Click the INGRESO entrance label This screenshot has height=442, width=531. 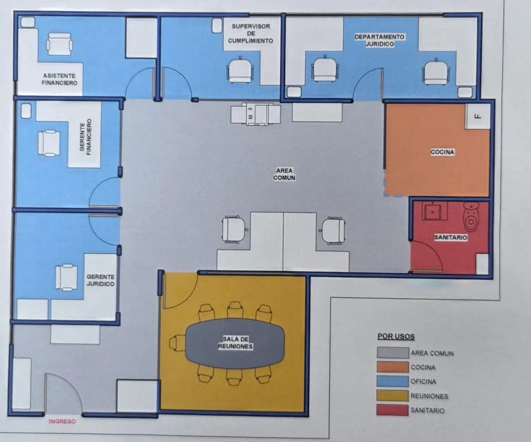click(x=62, y=422)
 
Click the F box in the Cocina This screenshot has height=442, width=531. click(x=478, y=117)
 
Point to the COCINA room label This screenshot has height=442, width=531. click(x=442, y=152)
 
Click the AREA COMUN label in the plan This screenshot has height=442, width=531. click(x=284, y=174)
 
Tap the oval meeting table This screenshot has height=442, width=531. click(x=236, y=343)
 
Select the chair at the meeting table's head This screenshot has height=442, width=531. click(x=177, y=343)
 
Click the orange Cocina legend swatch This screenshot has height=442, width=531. click(x=393, y=367)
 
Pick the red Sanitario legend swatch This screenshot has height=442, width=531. click(x=392, y=410)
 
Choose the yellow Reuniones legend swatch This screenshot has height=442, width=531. click(x=393, y=396)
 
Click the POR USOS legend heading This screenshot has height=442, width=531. click(x=396, y=336)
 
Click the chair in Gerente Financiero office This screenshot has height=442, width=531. click(x=49, y=144)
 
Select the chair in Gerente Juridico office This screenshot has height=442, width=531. click(x=66, y=277)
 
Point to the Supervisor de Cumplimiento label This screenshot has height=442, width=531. click(x=251, y=34)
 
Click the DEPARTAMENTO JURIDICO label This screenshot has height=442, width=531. click(x=379, y=40)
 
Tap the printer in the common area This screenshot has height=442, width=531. click(x=256, y=114)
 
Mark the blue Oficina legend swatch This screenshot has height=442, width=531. click(x=393, y=381)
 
